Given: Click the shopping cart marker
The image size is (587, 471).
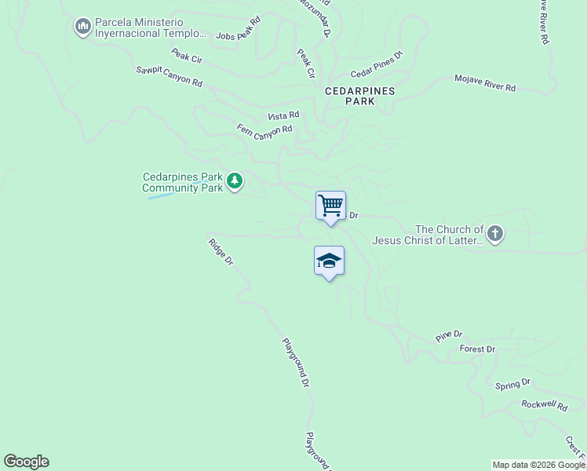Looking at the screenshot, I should pos(330,206).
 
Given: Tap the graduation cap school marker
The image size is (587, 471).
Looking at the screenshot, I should pos(329,261).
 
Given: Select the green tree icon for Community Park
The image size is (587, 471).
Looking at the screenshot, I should pos(234,182).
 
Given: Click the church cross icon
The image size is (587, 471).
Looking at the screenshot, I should pos(494,233).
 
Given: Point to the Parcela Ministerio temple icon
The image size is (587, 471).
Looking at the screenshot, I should pos(82,28).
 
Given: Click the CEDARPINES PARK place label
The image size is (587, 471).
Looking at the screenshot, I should pos(360,97).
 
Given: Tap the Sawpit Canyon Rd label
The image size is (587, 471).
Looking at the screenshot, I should pos(169,77).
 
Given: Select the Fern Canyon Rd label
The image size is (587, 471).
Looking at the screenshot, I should pos(264,129).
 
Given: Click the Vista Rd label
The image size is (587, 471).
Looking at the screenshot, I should pos(283,115).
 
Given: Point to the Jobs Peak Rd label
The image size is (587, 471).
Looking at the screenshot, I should pos(238,31).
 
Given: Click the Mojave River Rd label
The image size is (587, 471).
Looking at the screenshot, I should pos(485,83).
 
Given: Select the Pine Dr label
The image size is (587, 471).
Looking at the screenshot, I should pos(449,335).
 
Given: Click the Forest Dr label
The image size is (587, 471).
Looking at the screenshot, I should pos(477,349).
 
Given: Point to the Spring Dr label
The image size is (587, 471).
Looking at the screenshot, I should pos(513,384).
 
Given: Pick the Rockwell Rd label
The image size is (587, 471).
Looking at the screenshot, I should pos(544,405).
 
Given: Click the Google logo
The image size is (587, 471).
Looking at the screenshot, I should pos(26,462).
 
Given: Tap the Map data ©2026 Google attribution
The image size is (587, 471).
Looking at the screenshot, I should pos(538,465).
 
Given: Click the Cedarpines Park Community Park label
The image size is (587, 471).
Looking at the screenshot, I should pos(182,182).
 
